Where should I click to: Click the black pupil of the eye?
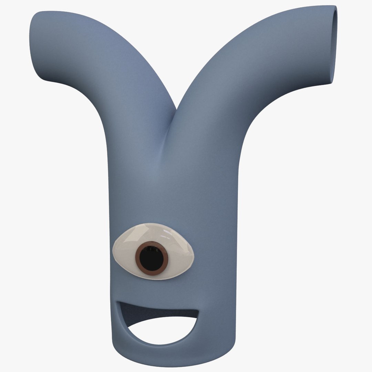pyautogui.click(x=152, y=258)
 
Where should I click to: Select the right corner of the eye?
pyautogui.click(x=194, y=255)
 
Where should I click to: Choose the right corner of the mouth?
pyautogui.click(x=198, y=311)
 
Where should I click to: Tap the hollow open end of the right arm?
pyautogui.click(x=334, y=45)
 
